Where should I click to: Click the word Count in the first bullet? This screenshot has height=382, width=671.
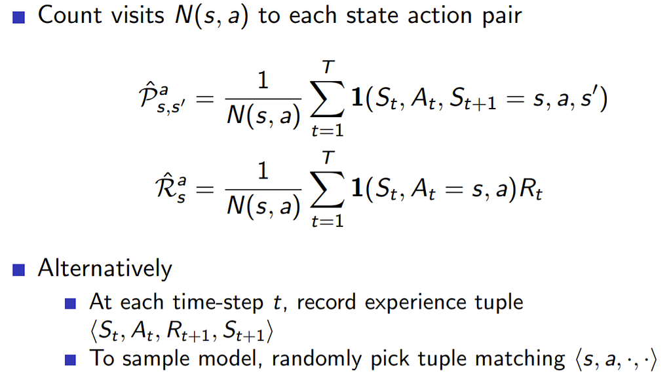[x=70, y=16]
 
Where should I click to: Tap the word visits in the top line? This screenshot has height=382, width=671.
[x=138, y=16]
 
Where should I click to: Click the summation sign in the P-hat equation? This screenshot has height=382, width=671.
[x=328, y=99]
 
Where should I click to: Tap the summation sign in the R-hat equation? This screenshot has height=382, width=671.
[x=328, y=189]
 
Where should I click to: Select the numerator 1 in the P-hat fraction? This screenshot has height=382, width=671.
[x=263, y=80]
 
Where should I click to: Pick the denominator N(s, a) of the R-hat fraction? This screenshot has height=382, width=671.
[x=263, y=207]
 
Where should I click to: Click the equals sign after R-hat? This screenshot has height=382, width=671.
[x=204, y=189]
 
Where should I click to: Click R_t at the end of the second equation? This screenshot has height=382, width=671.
[x=531, y=189]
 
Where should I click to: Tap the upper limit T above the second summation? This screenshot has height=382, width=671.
[x=328, y=158]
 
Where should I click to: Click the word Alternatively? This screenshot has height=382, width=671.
[x=105, y=269]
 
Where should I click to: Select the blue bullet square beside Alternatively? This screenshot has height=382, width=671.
[x=18, y=270]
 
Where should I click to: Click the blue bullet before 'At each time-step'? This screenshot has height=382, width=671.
[x=70, y=304]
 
